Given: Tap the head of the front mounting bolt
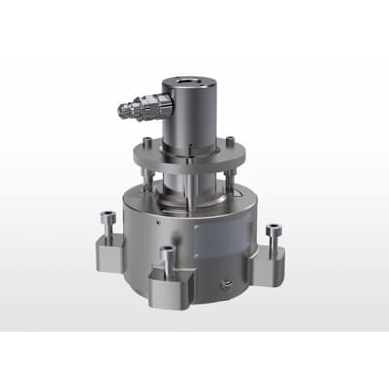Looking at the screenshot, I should (167, 252).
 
